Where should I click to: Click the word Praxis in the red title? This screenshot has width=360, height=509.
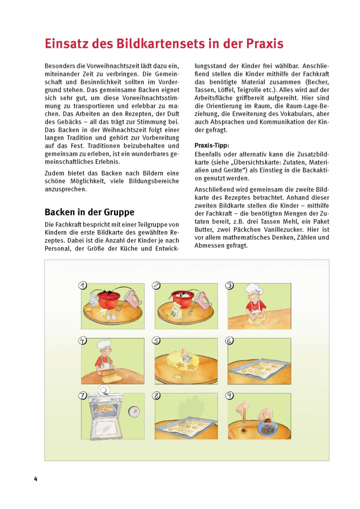pos(259,43)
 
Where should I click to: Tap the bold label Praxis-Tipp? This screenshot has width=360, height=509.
pos(212,145)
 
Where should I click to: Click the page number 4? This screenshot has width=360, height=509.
pos(36,479)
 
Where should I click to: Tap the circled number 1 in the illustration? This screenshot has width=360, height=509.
pos(82,286)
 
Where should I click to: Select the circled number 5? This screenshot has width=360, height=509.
pos(156,341)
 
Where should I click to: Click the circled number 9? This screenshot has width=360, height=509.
pos(230,395)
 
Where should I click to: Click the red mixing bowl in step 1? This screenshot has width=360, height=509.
pos(108,298)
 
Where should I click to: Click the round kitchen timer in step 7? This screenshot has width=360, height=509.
pos(133,410)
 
